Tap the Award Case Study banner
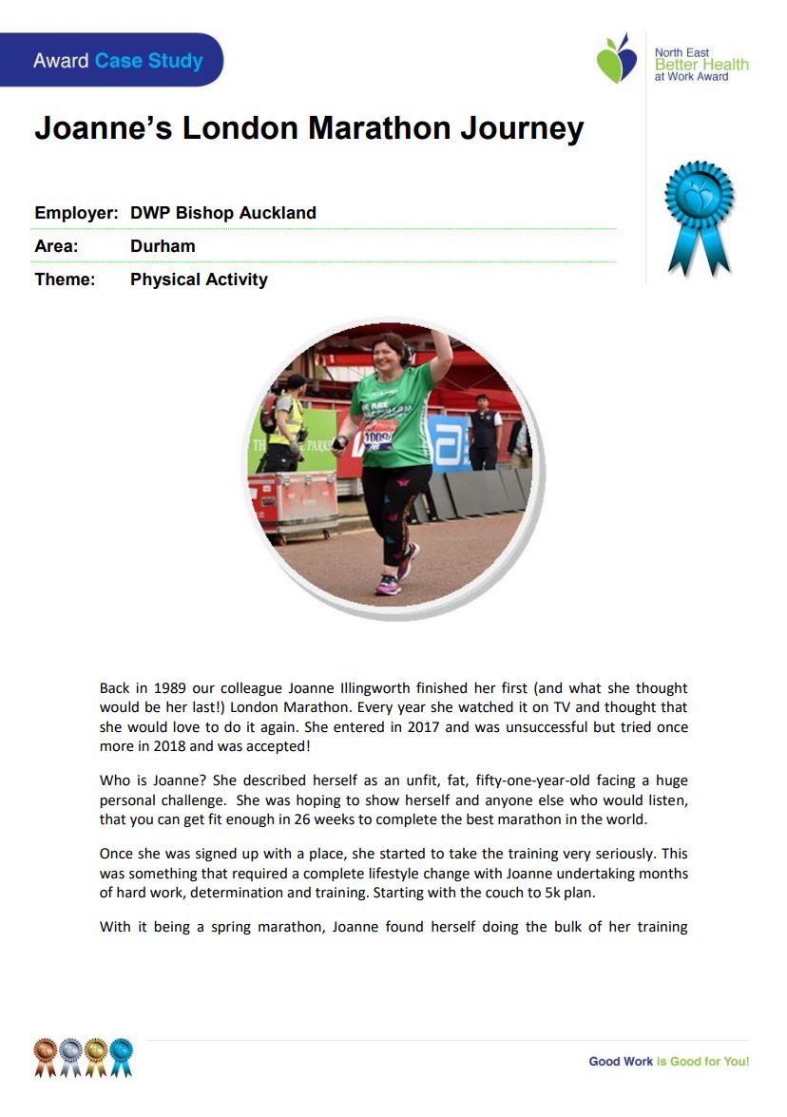[117, 61]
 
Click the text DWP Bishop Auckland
[222, 213]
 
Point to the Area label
[56, 246]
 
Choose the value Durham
[163, 246]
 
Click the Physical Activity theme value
[199, 279]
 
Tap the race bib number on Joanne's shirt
[378, 439]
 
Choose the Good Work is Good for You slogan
[668, 1061]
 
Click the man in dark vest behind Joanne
[485, 433]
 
